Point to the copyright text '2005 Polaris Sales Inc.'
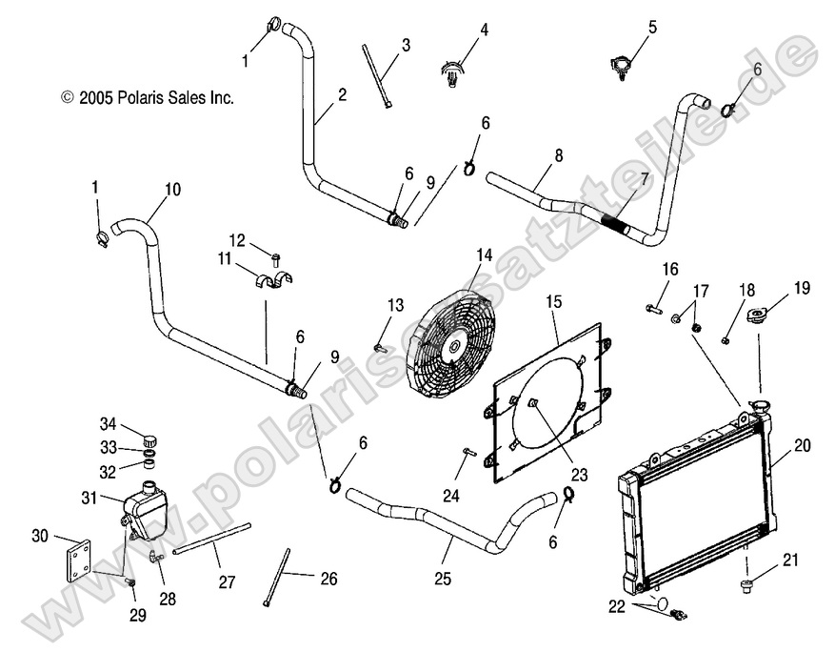147,97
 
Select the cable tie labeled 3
376,76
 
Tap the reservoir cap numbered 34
149,440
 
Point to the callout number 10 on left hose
171,189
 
